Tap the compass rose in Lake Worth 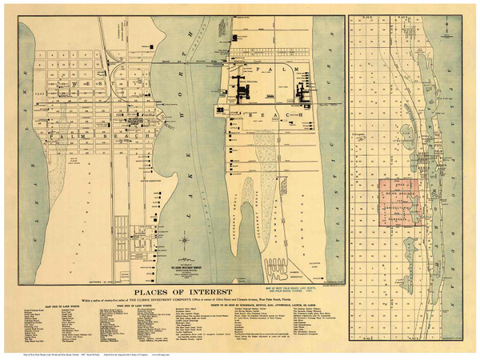184,239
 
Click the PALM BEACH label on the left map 77,137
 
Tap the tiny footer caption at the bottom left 40,353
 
